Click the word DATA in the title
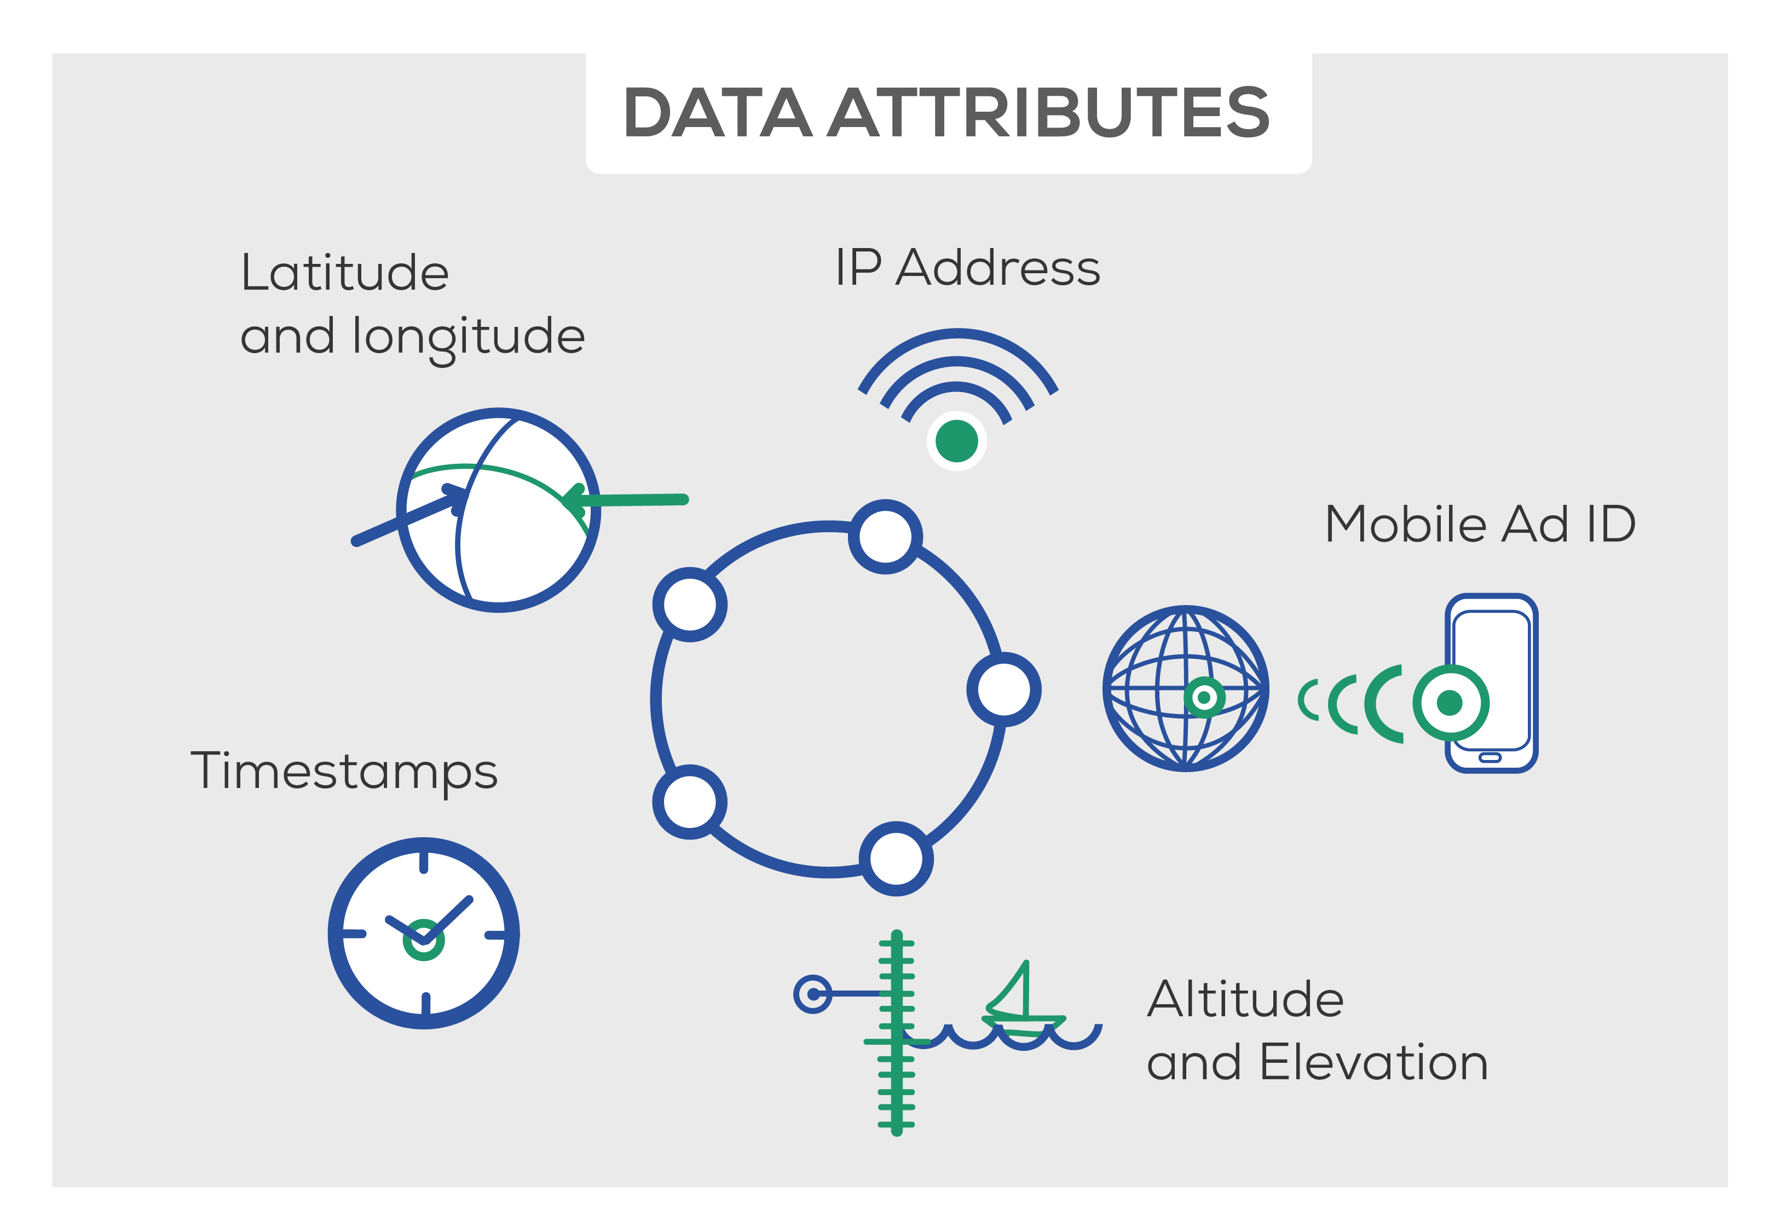pyautogui.click(x=717, y=113)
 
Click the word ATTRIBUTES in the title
pyautogui.click(x=1049, y=113)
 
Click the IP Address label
pyautogui.click(x=968, y=267)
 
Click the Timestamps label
pyautogui.click(x=344, y=773)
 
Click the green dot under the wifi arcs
pyautogui.click(x=956, y=441)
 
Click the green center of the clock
pyautogui.click(x=424, y=940)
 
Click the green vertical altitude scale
pyautogui.click(x=896, y=1033)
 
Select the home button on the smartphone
pyautogui.click(x=1490, y=757)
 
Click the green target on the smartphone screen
pyautogui.click(x=1451, y=703)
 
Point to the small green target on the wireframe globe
pyautogui.click(x=1204, y=698)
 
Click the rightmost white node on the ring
pyautogui.click(x=1003, y=689)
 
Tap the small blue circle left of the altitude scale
pyautogui.click(x=812, y=994)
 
